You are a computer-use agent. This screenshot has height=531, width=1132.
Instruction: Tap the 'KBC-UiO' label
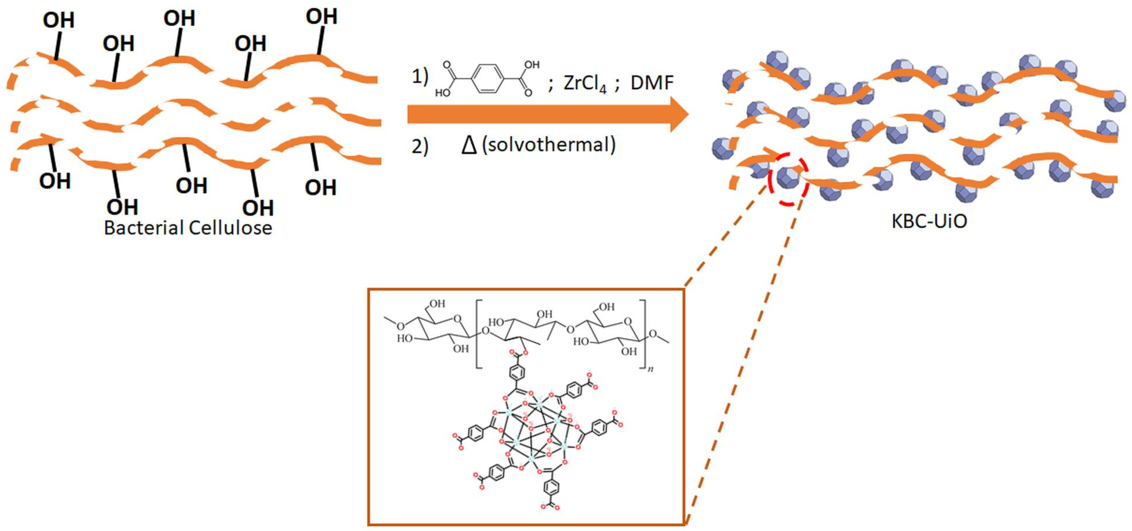coord(929,221)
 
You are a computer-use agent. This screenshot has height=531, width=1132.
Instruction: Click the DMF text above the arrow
coord(652,83)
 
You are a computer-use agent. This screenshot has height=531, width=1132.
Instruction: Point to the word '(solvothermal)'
coord(548,145)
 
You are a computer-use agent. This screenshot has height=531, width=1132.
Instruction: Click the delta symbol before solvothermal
coord(469,145)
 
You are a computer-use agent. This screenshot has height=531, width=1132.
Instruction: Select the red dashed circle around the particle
coord(788,179)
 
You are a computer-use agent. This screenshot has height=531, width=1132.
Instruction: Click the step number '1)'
coord(420,77)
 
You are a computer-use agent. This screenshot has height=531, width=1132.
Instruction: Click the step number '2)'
coord(420,146)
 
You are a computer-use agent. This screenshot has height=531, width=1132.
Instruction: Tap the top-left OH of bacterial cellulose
coord(59,20)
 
